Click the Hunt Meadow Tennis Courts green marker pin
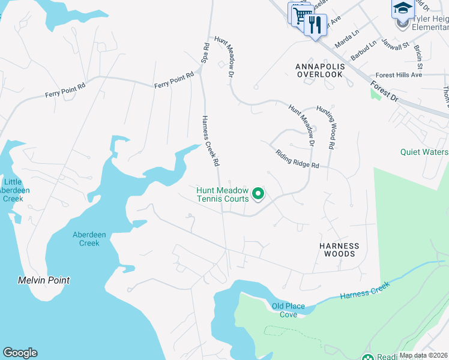coord(258,193)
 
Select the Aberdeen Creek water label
coord(86,239)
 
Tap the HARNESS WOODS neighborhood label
coord(339,250)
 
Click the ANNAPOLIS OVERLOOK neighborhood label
coord(319,70)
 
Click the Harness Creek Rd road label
coord(209,140)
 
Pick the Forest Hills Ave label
coord(400,75)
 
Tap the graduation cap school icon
coord(403,8)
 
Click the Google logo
coord(20,353)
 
